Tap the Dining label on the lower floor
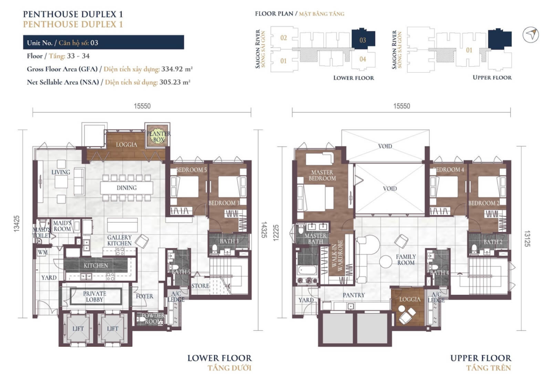(x=126, y=188)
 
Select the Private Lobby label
(x=95, y=297)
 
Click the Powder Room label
(x=154, y=318)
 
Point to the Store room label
(x=200, y=286)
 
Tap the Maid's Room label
(x=62, y=226)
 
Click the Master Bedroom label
(x=322, y=175)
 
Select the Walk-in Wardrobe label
(x=337, y=255)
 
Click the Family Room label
(x=406, y=260)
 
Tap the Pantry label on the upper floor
(x=354, y=295)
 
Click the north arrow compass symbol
(x=530, y=35)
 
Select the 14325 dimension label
(x=264, y=230)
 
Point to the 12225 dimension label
(x=276, y=233)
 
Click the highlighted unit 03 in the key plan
(x=363, y=39)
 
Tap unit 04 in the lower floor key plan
(x=363, y=59)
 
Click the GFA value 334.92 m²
(x=177, y=69)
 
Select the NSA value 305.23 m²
(x=175, y=82)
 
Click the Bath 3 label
(x=229, y=241)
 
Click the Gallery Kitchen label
(x=120, y=240)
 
